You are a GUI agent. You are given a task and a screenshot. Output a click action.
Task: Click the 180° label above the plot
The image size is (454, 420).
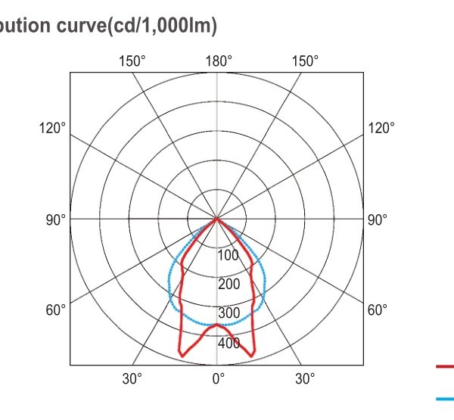[219, 61]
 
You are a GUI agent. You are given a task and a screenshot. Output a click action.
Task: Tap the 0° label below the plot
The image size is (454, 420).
[219, 378]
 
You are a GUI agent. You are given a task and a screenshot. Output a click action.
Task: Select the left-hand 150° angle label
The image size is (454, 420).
[132, 61]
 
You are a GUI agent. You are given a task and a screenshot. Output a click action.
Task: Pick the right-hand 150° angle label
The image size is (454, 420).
[305, 61]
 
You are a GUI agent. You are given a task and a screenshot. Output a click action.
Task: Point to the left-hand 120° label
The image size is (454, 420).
[52, 128]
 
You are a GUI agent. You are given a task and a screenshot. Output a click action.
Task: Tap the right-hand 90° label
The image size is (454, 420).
[377, 219]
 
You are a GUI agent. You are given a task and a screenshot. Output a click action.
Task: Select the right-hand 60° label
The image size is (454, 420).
[377, 310]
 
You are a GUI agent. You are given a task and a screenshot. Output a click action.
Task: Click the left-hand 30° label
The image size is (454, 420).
[132, 378]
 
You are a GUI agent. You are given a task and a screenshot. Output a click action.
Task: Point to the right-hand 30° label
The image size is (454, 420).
[305, 378]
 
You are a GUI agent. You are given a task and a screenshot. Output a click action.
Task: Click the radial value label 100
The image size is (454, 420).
[229, 255]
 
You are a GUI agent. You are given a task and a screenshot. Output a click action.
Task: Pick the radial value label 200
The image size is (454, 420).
[229, 285]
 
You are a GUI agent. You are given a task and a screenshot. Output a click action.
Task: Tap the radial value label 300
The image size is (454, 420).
[229, 313]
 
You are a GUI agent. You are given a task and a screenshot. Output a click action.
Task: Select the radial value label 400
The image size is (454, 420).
[229, 343]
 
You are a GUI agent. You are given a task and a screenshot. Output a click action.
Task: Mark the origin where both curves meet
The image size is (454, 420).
[218, 219]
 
